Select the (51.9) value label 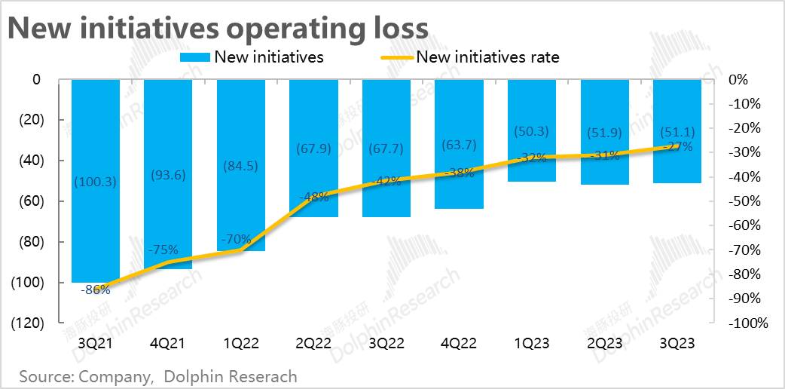(x=604, y=133)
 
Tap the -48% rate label (x=313, y=198)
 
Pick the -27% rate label (x=677, y=147)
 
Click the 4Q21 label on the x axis (x=168, y=343)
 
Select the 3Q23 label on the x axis (x=677, y=343)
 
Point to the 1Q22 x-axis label (x=241, y=343)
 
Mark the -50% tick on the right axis (x=747, y=201)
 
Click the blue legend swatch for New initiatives (x=195, y=57)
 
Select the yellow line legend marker (x=393, y=57)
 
